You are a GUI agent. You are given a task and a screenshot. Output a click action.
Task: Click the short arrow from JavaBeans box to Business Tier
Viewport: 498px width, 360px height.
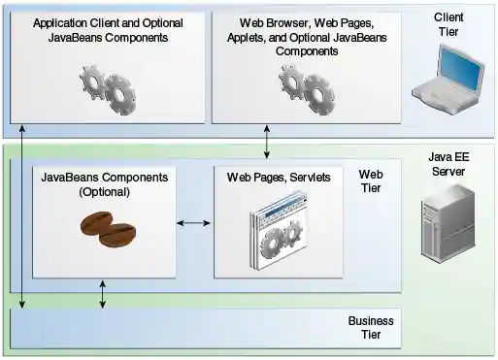coord(103,297)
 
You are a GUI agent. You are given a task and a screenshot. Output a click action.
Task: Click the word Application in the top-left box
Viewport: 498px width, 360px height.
coord(63,21)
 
